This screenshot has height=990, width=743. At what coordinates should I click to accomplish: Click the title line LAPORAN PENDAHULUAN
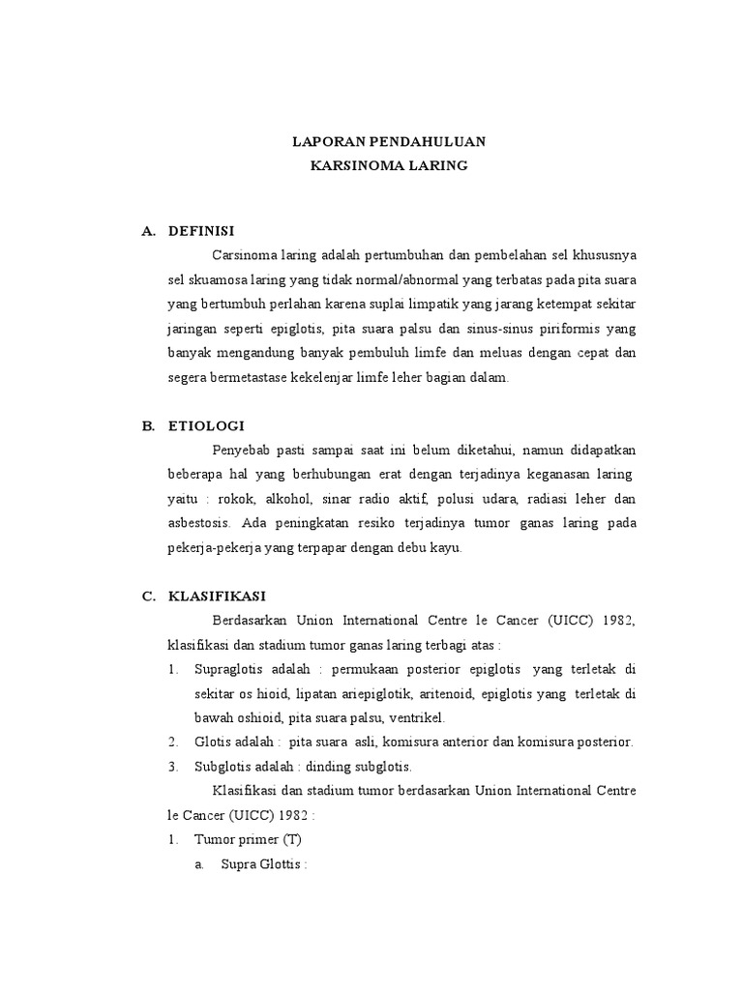389,141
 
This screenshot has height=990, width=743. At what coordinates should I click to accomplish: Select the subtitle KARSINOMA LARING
389,166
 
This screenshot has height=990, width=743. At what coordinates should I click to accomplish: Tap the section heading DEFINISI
201,230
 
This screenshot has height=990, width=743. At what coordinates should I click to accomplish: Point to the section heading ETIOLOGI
206,424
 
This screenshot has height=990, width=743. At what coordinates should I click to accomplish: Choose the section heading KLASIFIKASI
217,596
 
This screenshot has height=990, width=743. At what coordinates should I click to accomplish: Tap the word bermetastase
254,378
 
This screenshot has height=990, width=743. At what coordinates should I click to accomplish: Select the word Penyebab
237,450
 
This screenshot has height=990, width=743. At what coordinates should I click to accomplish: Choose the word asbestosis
197,523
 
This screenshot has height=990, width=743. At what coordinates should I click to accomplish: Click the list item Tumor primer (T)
249,840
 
